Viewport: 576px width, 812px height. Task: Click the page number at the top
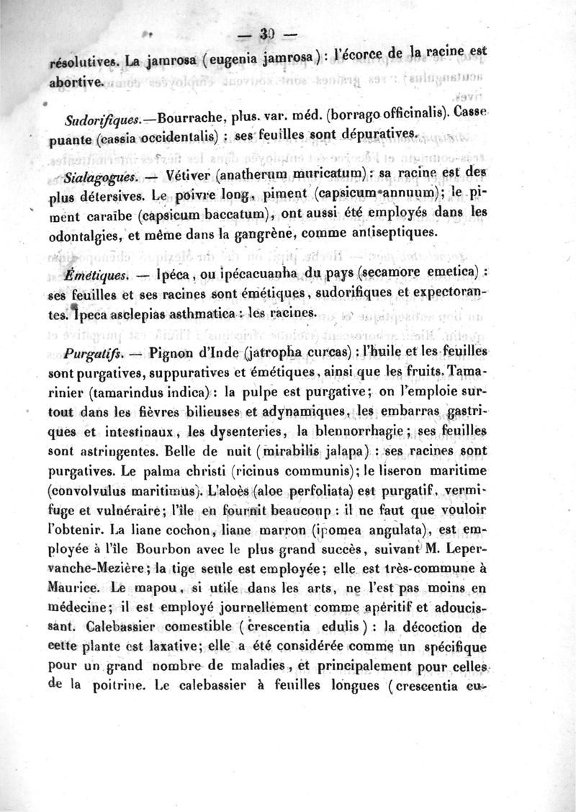tap(269, 35)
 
